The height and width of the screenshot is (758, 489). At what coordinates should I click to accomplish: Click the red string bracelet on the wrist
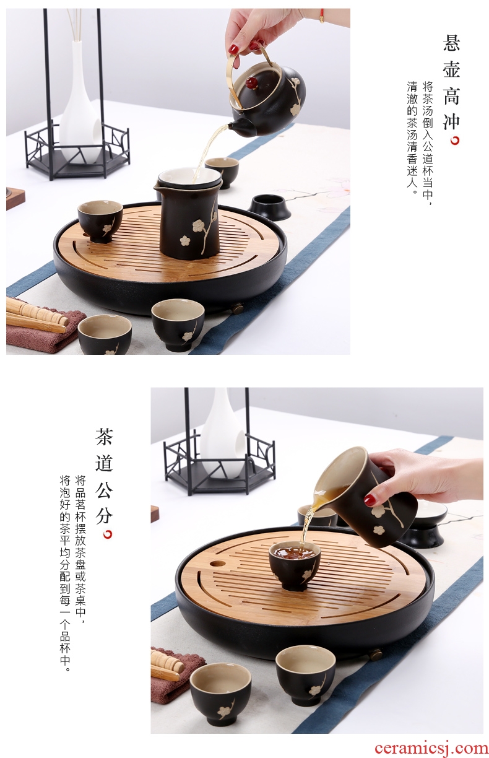pos(321,16)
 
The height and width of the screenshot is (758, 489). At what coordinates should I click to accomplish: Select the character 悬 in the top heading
pos(451,42)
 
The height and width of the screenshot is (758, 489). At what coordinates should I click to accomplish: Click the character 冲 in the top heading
pos(451,121)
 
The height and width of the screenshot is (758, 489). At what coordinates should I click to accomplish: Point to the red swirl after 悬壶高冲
pos(455,140)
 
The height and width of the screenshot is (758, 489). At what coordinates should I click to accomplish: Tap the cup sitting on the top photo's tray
pos(100,221)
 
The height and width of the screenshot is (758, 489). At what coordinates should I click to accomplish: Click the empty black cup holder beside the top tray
pos(270,206)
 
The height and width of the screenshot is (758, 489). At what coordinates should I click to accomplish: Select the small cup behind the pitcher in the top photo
pos(222,172)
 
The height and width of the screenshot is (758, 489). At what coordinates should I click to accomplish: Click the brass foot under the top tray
pos(238,308)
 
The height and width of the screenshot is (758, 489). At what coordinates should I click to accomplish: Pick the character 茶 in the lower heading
pos(104,436)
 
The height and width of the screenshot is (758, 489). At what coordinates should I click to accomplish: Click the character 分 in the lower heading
pos(104,515)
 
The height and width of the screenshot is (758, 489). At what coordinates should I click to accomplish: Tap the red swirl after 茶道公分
pos(108,534)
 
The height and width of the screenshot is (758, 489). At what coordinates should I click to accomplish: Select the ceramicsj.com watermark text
pos(431,748)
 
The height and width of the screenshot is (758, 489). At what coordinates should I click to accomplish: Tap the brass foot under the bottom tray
pos(375,655)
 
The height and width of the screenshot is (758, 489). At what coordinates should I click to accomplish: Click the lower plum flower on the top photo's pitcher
pos(184,241)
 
